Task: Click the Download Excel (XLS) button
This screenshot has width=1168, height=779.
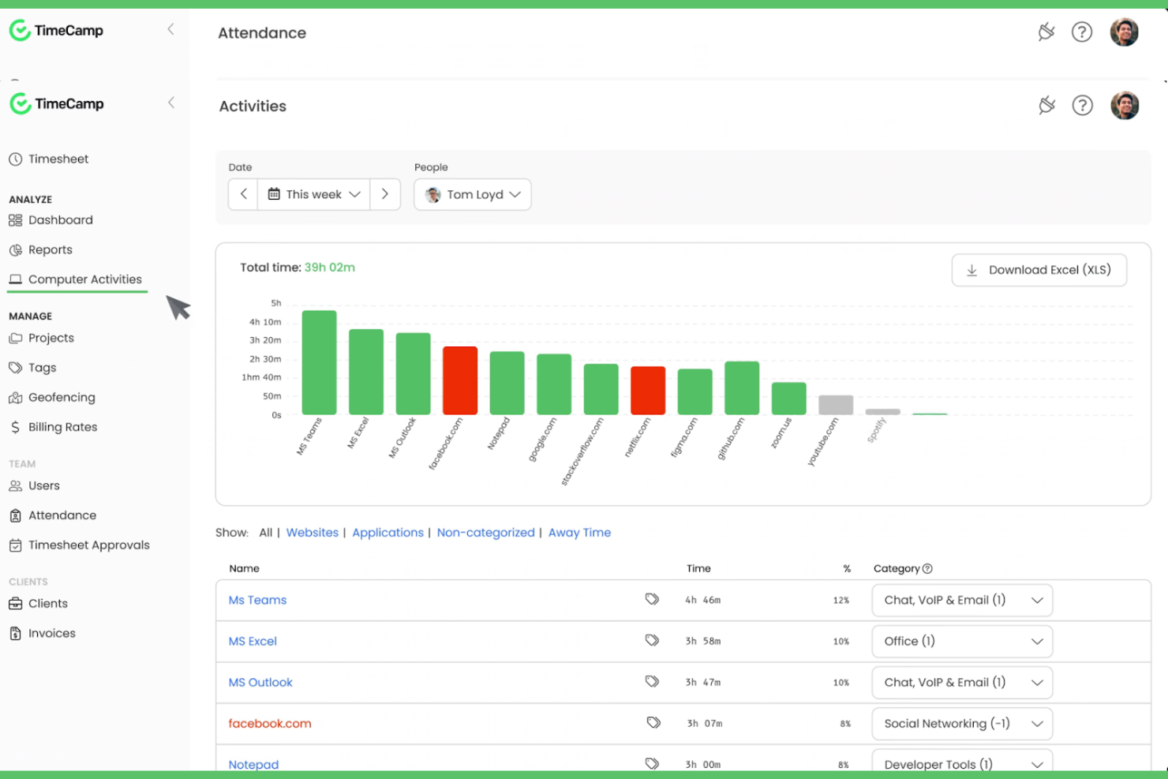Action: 1039,270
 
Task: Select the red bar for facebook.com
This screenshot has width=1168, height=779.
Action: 459,380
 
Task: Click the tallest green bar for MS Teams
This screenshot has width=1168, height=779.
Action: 319,362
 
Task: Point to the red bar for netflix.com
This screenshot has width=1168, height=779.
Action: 647,391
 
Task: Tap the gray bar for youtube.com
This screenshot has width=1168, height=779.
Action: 835,405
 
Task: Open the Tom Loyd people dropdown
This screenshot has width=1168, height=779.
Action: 472,194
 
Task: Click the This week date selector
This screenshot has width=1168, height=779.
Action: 313,194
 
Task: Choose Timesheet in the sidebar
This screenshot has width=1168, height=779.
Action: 58,159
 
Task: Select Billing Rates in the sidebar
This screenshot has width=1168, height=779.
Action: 62,427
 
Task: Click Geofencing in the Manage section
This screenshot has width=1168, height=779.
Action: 61,397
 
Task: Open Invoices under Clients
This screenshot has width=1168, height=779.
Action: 51,633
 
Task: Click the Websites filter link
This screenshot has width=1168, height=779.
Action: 312,533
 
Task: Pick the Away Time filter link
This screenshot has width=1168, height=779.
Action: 579,533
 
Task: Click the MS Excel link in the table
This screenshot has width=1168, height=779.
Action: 253,641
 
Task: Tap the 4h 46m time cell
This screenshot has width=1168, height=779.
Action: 702,600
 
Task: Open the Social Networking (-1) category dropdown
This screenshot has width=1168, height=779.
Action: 961,724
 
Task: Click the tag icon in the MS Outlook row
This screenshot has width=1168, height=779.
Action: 652,681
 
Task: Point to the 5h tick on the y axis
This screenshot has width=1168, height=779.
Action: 275,303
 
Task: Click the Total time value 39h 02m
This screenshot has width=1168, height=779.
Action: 329,268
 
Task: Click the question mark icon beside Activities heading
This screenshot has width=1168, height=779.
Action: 1082,106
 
